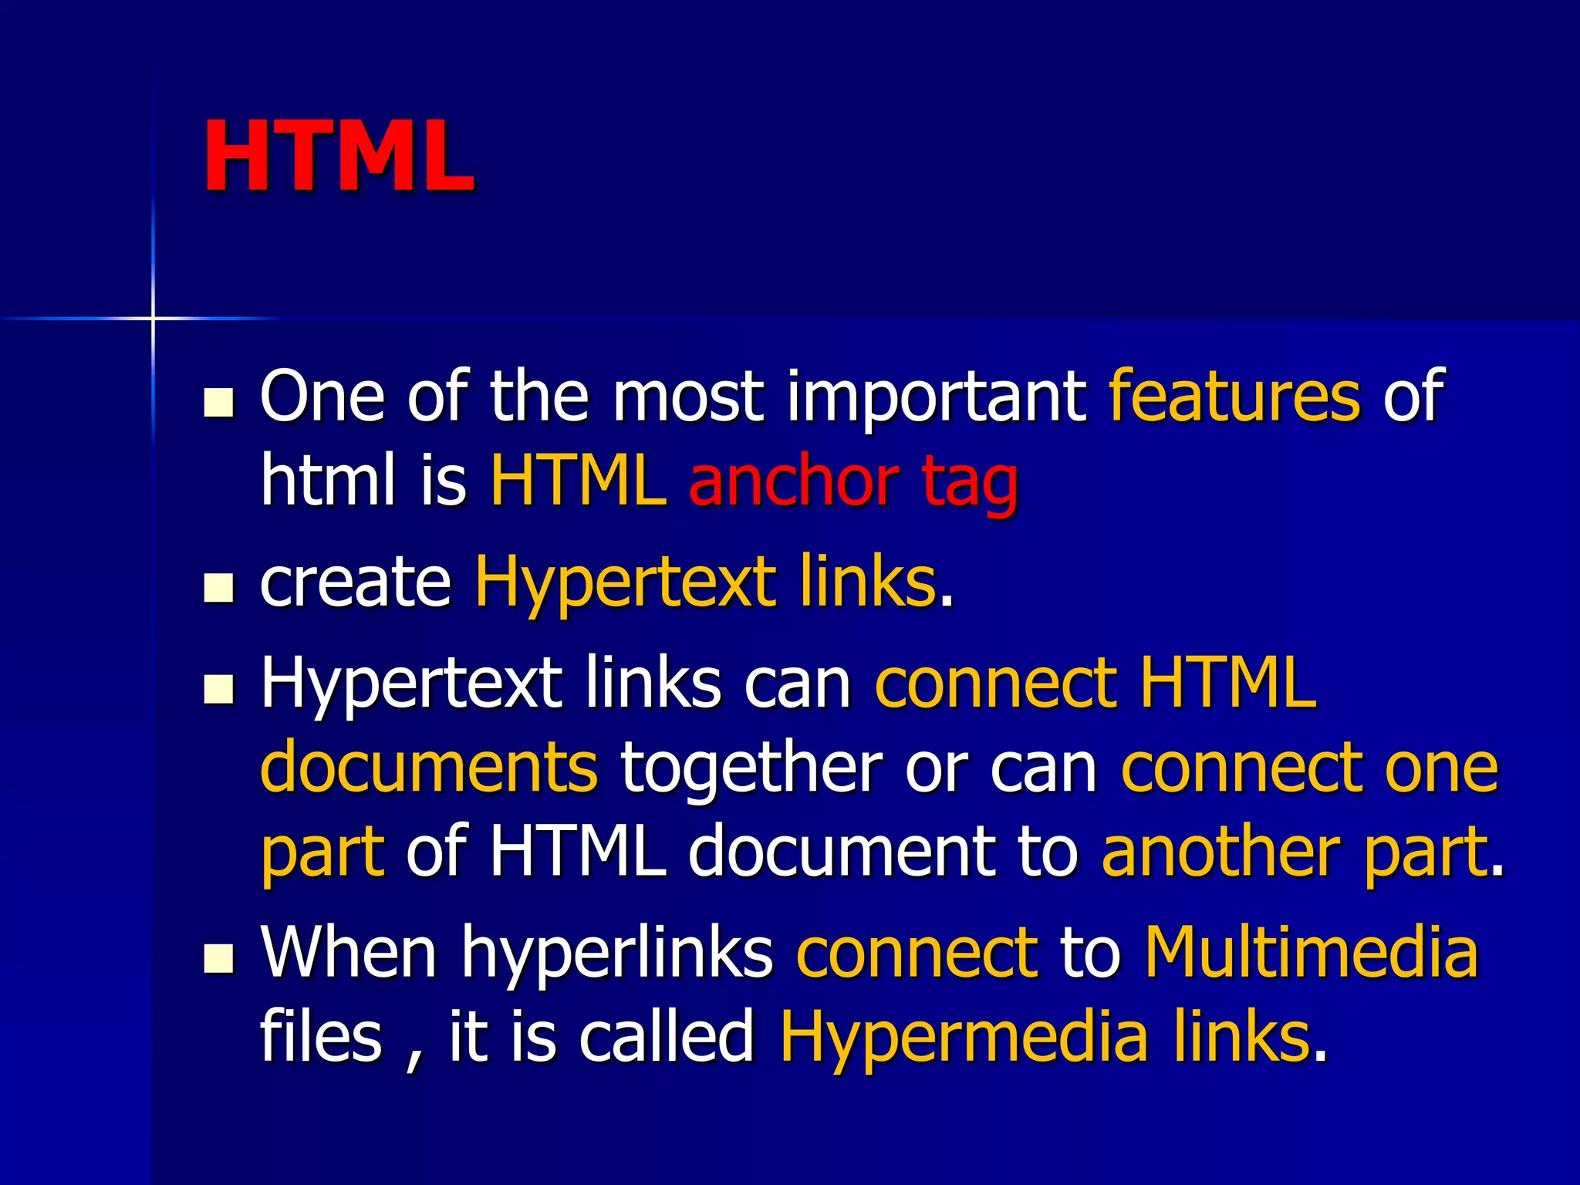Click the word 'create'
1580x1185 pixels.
356,582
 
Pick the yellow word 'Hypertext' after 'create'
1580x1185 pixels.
626,585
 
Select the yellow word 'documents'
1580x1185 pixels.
429,767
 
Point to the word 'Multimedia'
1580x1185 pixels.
1311,952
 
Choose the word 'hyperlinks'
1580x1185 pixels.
617,955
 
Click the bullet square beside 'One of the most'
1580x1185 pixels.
219,402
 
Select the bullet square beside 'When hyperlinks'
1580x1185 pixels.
219,959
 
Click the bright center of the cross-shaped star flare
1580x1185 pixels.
153,318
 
